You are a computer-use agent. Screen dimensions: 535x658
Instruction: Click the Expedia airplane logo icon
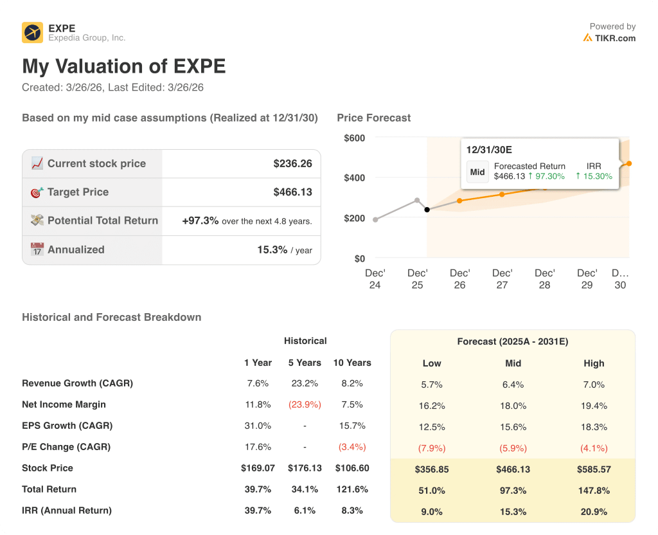[32, 32]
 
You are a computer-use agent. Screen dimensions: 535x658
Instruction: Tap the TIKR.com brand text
[615, 38]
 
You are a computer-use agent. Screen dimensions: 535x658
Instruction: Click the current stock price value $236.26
[292, 163]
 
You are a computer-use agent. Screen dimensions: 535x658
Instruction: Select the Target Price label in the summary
[78, 192]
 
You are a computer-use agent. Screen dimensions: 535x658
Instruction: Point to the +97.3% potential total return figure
[200, 221]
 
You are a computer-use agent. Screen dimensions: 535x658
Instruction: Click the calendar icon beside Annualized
[37, 249]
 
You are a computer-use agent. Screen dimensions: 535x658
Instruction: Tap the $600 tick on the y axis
[354, 138]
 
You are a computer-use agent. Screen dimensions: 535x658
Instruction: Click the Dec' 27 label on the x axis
[502, 278]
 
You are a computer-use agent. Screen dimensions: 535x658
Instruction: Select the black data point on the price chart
[427, 210]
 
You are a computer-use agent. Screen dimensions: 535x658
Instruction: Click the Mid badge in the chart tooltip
[477, 172]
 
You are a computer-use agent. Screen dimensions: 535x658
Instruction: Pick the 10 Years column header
[351, 363]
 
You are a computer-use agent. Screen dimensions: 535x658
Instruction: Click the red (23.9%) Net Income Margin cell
[305, 404]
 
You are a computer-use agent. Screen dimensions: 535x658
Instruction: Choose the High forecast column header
[594, 363]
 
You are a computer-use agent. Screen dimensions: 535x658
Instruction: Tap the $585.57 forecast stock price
[594, 469]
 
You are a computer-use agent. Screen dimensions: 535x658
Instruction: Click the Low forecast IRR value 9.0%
[432, 512]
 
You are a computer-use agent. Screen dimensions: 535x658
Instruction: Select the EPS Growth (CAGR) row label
[67, 426]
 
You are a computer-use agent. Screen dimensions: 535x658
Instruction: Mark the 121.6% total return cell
[351, 489]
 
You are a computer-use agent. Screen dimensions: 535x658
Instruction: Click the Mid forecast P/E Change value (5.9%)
[513, 448]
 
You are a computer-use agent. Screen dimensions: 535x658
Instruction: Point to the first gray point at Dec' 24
[375, 220]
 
